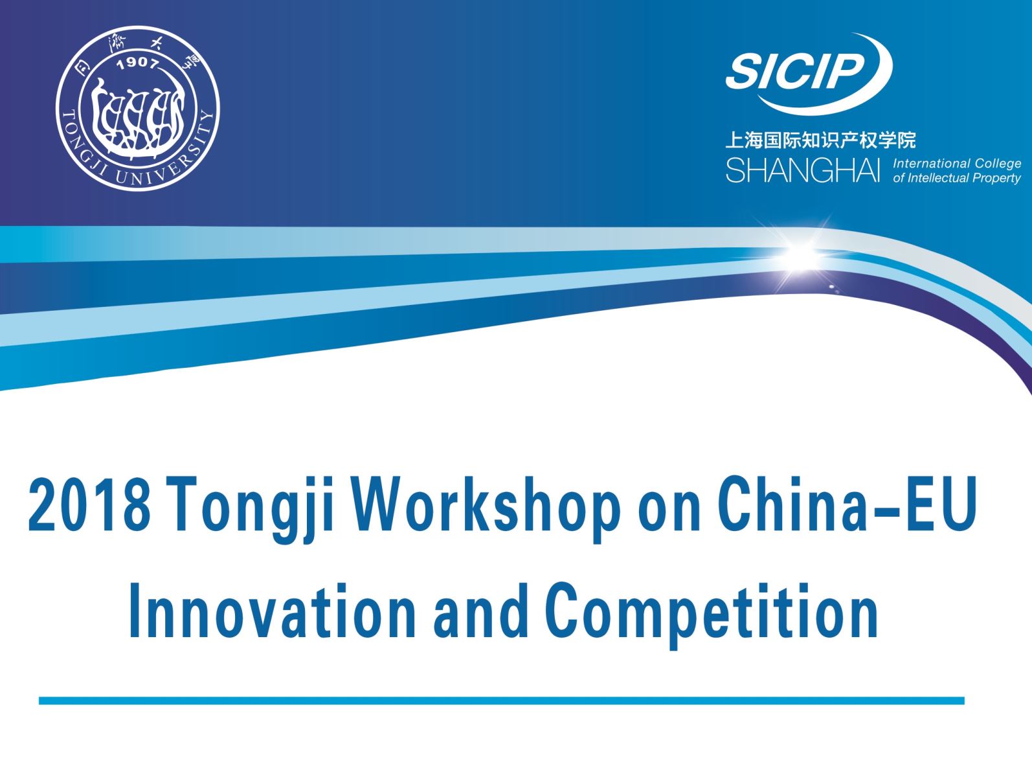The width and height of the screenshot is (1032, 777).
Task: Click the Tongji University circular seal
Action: pyautogui.click(x=138, y=108)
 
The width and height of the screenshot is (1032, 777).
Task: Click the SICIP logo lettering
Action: pyautogui.click(x=795, y=71)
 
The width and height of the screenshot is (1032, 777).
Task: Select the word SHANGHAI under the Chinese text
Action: pyautogui.click(x=803, y=170)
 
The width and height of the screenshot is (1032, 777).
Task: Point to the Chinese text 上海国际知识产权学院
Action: pyautogui.click(x=821, y=140)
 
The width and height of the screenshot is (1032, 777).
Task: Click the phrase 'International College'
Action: pyautogui.click(x=957, y=163)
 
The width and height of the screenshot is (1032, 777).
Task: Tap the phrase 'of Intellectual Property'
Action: pyautogui.click(x=957, y=177)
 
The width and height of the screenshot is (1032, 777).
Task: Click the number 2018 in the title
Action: pyautogui.click(x=89, y=503)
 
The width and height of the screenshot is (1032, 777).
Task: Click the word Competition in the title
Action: pyautogui.click(x=712, y=616)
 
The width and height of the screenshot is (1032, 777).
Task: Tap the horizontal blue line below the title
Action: pyautogui.click(x=502, y=701)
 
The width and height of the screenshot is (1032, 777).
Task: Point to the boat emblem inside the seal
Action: pyautogui.click(x=138, y=117)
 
